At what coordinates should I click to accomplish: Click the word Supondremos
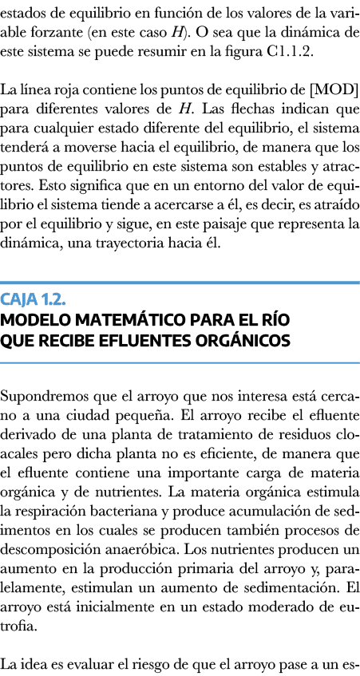click(x=38, y=397)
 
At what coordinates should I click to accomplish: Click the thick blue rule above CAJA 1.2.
click(x=180, y=283)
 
